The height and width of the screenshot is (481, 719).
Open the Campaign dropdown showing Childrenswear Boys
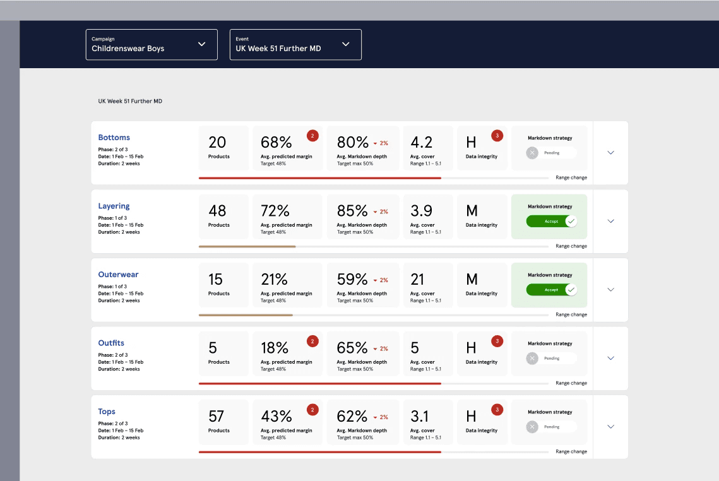(152, 44)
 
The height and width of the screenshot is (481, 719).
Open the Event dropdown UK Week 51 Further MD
(295, 44)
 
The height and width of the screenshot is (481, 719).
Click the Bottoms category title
(114, 138)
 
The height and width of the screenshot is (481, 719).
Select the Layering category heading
(114, 206)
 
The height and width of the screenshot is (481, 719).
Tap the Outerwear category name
(118, 275)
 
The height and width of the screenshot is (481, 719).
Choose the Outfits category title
(111, 343)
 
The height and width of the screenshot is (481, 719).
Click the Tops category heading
(107, 412)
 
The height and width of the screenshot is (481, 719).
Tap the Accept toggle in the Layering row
(551, 222)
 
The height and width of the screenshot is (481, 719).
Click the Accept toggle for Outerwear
(551, 290)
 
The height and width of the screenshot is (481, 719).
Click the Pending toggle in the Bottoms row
(551, 153)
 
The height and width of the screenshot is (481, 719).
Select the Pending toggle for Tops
(551, 427)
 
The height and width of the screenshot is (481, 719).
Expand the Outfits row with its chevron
(611, 358)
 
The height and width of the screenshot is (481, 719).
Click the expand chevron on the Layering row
(611, 221)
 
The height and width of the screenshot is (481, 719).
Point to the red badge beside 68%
(312, 136)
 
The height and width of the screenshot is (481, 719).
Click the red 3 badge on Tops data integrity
(497, 410)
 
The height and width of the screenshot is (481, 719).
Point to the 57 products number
(217, 417)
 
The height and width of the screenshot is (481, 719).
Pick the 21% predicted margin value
(274, 279)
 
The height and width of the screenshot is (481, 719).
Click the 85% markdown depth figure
(352, 211)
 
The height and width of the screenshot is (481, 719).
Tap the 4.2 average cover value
(422, 142)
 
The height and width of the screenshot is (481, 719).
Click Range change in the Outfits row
(571, 383)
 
